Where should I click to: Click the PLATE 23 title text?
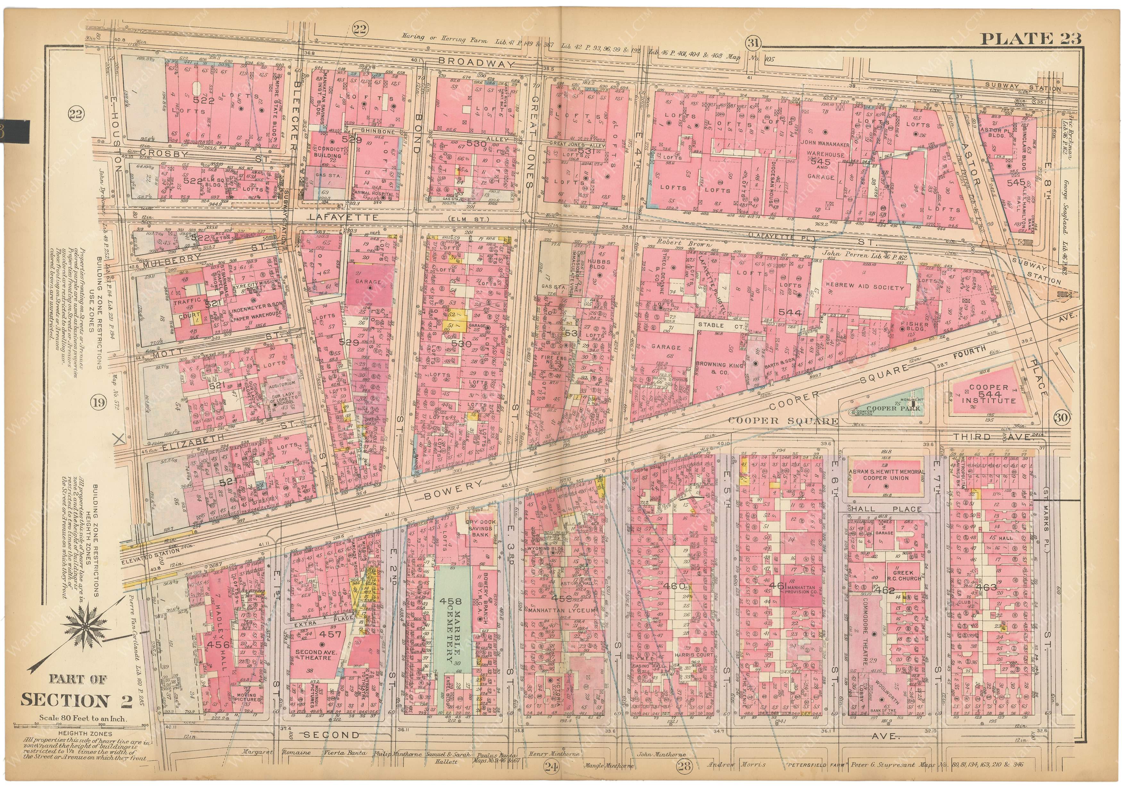pyautogui.click(x=1030, y=38)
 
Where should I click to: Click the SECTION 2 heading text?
pyautogui.click(x=77, y=700)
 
